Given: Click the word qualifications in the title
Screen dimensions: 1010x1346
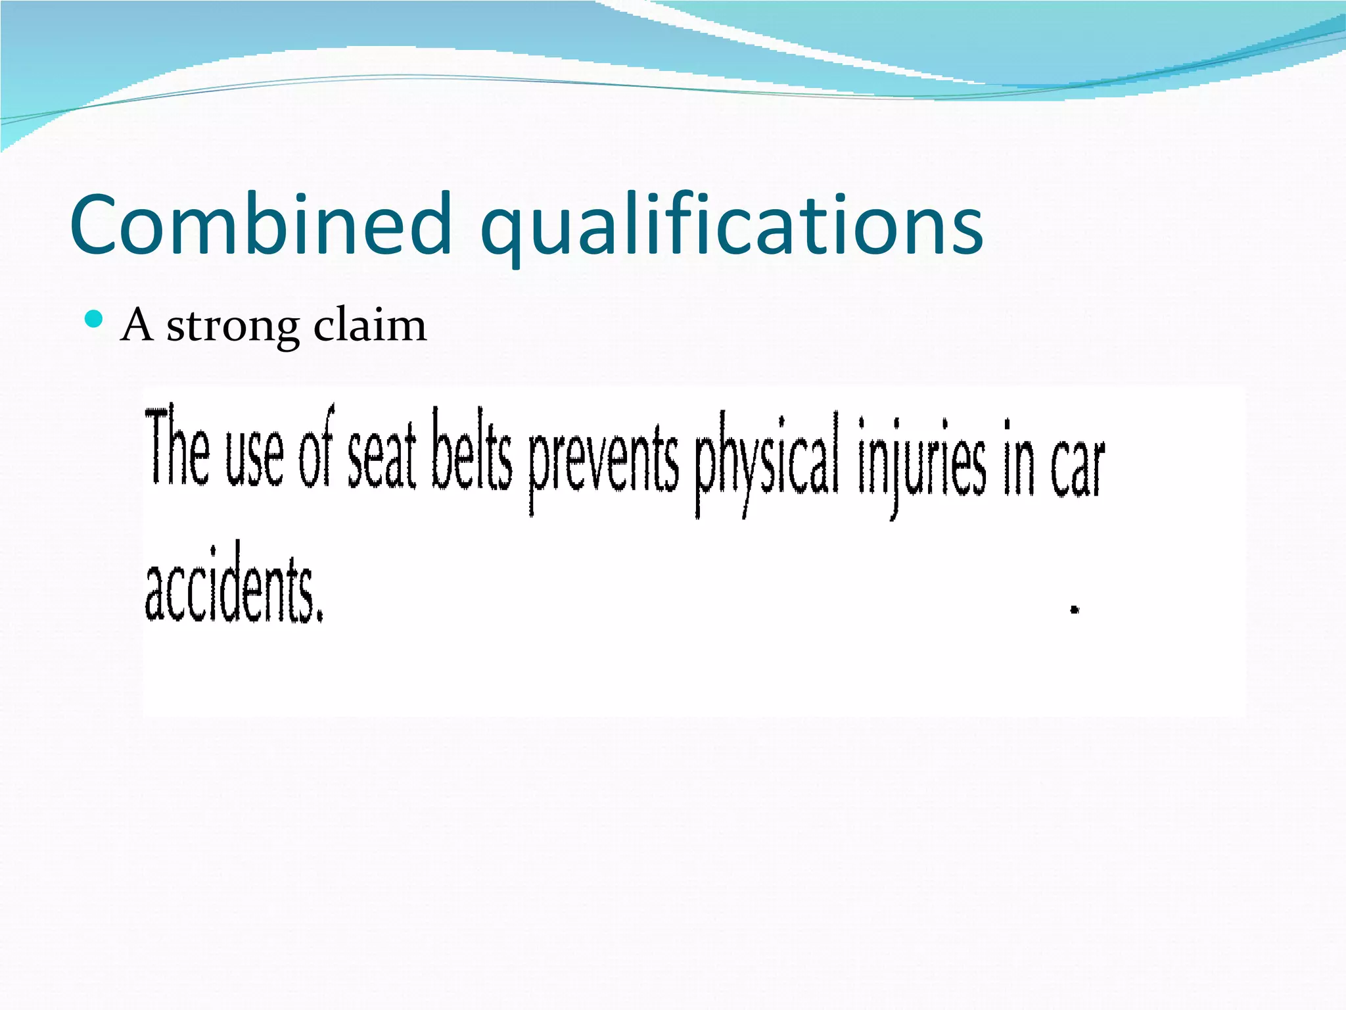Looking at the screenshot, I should click(x=731, y=227).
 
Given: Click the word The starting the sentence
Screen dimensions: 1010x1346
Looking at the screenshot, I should click(x=177, y=448).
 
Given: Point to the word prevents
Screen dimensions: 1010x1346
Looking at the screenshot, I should click(x=603, y=460).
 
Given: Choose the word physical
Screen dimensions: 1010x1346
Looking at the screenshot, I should click(x=767, y=460).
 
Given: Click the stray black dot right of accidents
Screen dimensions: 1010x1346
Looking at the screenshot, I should click(x=1075, y=610).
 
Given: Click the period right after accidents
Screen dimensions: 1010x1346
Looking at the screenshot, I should click(x=320, y=616).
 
